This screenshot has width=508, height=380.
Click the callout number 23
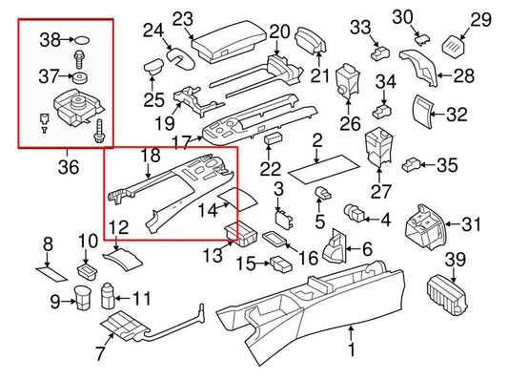click(182, 17)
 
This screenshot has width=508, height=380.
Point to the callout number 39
click(457, 260)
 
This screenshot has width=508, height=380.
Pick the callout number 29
click(480, 18)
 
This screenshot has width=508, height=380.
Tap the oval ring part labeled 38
click(85, 41)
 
